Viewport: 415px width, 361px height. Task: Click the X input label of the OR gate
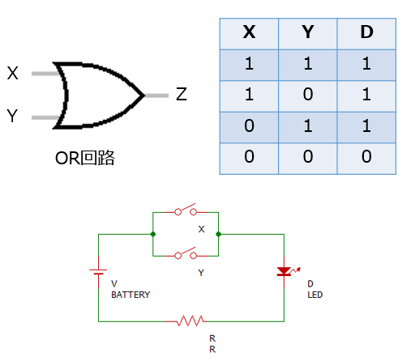click(x=12, y=73)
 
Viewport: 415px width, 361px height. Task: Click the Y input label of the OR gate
click(x=12, y=116)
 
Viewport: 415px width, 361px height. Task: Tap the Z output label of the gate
click(x=182, y=94)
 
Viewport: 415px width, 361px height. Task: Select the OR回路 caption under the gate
click(x=85, y=158)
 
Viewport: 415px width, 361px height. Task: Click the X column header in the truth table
click(x=249, y=32)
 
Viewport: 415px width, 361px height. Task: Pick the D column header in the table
click(x=366, y=32)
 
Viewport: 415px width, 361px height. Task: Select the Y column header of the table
click(x=308, y=32)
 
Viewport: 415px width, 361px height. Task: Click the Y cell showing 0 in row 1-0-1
click(x=308, y=95)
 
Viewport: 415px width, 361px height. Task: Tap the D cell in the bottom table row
click(x=366, y=156)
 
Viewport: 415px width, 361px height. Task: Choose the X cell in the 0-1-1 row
click(x=249, y=125)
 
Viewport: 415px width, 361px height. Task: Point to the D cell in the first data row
click(x=366, y=64)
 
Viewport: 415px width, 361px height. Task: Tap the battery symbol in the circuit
click(x=98, y=272)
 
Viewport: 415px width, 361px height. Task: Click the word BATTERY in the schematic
click(x=130, y=295)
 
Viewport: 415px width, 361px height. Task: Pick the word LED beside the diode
click(x=315, y=295)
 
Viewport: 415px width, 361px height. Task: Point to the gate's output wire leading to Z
click(x=156, y=96)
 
